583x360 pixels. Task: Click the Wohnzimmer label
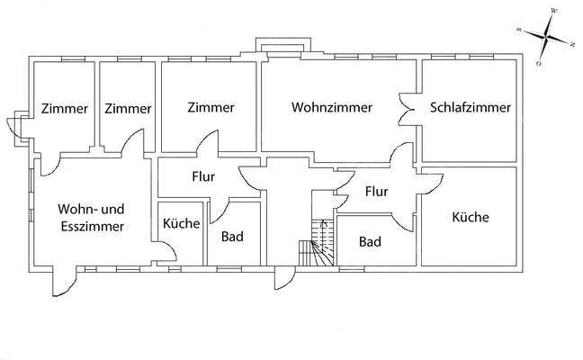[332, 107]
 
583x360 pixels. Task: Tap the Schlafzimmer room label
[471, 107]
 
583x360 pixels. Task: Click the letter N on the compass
[572, 43]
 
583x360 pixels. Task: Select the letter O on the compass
[539, 64]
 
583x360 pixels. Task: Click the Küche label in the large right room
[470, 217]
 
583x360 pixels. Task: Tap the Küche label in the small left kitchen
[182, 223]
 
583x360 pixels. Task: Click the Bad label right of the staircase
[370, 241]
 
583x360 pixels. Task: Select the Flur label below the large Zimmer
[202, 176]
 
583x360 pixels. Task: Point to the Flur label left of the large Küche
[376, 191]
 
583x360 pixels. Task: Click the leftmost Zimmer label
[65, 108]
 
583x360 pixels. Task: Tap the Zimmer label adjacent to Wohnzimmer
[211, 107]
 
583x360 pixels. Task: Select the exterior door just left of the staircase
[284, 278]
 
